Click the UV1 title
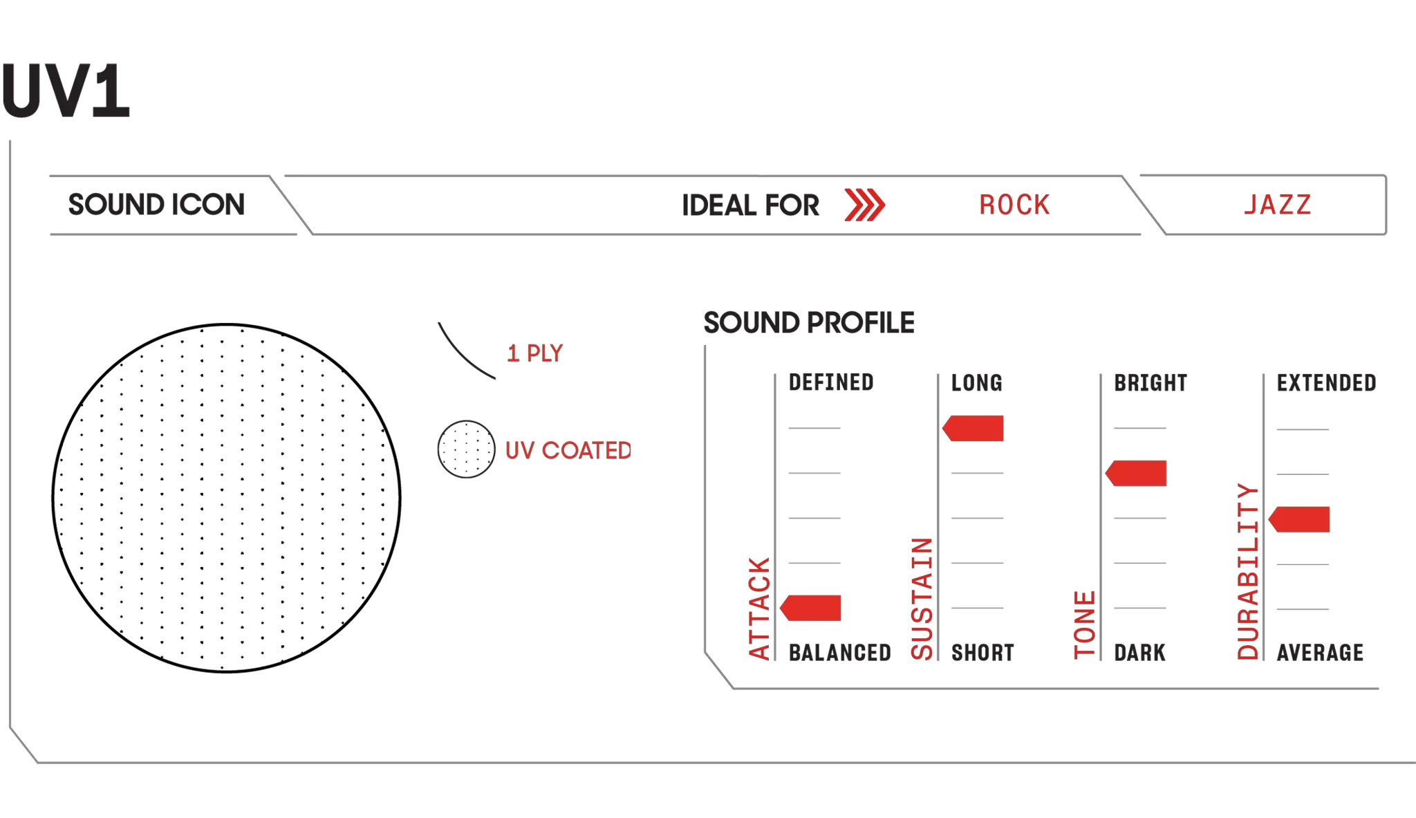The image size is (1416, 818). point(66,91)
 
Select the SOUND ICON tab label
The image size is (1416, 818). point(156,205)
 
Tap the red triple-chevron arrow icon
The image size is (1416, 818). point(864,205)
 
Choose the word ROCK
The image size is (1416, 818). point(1014,205)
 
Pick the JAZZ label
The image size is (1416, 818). point(1278,205)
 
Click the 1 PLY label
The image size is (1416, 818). point(535,353)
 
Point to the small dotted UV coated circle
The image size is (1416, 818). point(466,449)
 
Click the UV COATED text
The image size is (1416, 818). point(568,451)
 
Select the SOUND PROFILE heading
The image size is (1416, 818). point(809,323)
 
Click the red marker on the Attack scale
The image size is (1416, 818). point(810,608)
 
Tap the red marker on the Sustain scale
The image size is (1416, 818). point(973,428)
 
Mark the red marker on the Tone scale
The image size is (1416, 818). point(1136,473)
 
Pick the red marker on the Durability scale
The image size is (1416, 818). point(1299,519)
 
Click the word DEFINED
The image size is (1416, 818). point(831,382)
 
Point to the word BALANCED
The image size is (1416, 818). point(840,653)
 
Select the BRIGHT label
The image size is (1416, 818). point(1150,383)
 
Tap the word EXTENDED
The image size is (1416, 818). point(1326,383)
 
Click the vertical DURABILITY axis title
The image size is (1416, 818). point(1247,571)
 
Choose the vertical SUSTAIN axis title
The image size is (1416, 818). point(922,598)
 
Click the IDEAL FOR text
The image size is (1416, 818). point(750,205)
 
